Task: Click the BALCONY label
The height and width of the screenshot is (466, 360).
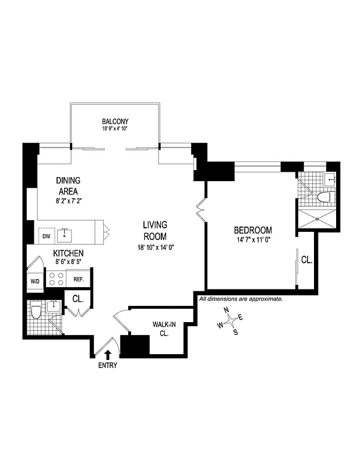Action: pyautogui.click(x=114, y=121)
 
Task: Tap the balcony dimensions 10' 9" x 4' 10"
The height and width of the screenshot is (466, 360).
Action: pyautogui.click(x=114, y=128)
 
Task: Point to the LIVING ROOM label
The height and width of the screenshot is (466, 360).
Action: pyautogui.click(x=156, y=231)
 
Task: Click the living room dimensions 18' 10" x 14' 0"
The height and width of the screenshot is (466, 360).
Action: pyautogui.click(x=156, y=246)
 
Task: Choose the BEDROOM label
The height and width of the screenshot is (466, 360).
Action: pyautogui.click(x=253, y=230)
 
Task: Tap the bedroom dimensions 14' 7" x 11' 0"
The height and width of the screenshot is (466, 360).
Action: pyautogui.click(x=253, y=239)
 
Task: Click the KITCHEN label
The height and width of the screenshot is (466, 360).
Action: pyautogui.click(x=68, y=253)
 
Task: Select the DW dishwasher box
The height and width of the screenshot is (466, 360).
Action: pyautogui.click(x=45, y=236)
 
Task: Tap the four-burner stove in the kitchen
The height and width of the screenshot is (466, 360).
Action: pyautogui.click(x=56, y=278)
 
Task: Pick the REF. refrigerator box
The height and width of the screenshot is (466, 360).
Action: pyautogui.click(x=79, y=279)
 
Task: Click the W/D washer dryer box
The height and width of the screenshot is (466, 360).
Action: pyautogui.click(x=34, y=282)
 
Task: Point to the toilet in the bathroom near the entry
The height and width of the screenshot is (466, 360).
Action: pyautogui.click(x=35, y=312)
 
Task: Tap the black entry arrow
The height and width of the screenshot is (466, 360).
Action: pyautogui.click(x=108, y=354)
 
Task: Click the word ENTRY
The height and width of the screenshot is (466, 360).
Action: pyautogui.click(x=108, y=366)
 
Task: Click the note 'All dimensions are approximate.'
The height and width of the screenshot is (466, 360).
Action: pyautogui.click(x=241, y=299)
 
